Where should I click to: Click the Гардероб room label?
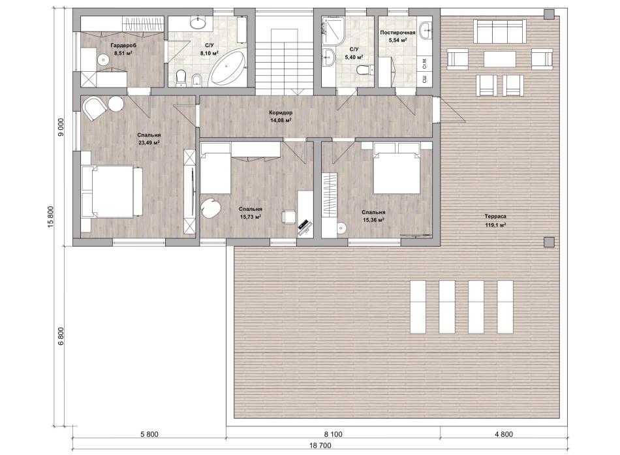tap(123, 45)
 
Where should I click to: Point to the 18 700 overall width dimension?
tap(320, 445)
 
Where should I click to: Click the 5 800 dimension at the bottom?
tap(149, 434)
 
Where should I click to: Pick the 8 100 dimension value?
tap(333, 434)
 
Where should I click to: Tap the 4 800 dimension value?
tap(503, 434)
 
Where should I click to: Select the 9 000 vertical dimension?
tap(61, 127)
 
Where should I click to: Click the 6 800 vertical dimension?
tap(61, 336)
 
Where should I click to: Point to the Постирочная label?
tap(397, 33)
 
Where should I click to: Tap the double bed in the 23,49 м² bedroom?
tap(112, 191)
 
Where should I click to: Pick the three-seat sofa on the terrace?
tap(500, 31)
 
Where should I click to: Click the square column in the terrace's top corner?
tap(549, 14)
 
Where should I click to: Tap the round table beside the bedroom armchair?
tap(116, 104)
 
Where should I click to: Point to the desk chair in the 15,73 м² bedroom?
tap(288, 217)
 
